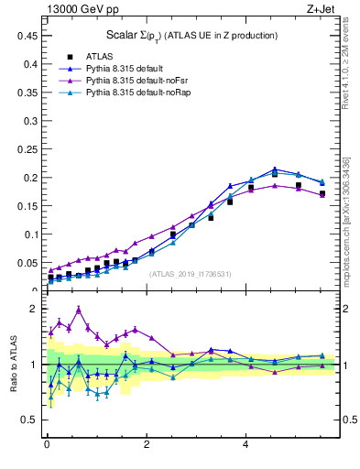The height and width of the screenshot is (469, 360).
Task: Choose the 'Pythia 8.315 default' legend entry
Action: (x=115, y=68)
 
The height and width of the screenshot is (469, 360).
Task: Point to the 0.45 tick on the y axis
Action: (x=27, y=35)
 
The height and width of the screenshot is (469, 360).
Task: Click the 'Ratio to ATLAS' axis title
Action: (x=14, y=365)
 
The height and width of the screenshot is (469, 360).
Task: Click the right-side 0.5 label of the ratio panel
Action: (x=348, y=420)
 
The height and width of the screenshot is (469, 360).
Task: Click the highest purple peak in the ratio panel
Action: (x=79, y=310)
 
